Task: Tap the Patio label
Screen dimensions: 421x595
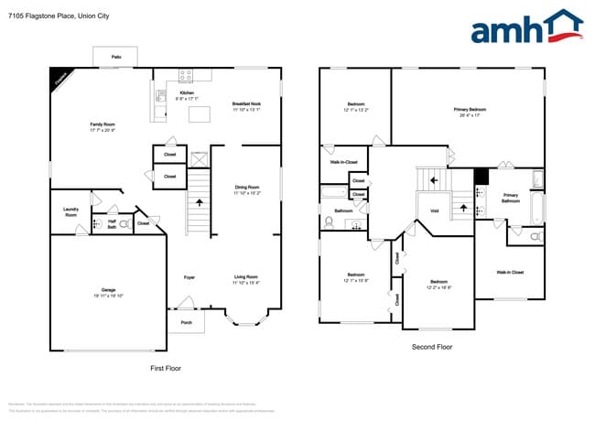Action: point(116,57)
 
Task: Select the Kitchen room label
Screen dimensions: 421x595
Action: point(187,93)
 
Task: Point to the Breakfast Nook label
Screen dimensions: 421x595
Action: point(246,106)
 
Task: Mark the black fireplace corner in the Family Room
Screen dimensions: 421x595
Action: point(59,79)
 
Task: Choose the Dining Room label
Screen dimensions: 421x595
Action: point(246,189)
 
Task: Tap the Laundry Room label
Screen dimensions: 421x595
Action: point(70,212)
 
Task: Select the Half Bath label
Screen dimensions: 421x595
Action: point(111,222)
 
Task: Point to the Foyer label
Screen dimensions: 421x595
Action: point(189,276)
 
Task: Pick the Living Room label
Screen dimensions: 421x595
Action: point(246,279)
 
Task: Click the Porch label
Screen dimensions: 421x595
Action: point(186,322)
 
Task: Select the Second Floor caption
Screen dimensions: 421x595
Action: point(432,347)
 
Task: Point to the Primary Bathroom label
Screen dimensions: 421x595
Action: point(510,197)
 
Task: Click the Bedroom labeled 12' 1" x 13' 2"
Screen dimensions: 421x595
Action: point(356,106)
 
